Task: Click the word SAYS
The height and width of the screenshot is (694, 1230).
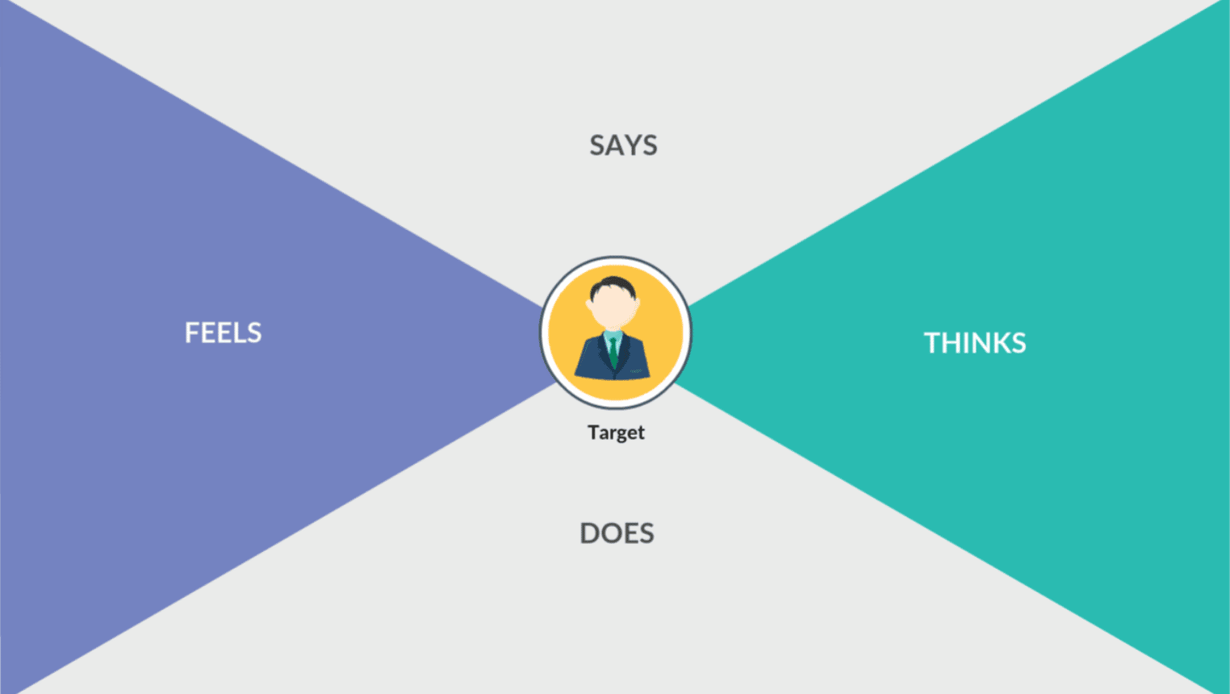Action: [x=623, y=145]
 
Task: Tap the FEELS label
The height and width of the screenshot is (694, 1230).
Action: [x=223, y=332]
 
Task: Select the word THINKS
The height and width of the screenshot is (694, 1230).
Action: [x=975, y=343]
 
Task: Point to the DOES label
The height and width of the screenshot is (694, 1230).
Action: [x=617, y=533]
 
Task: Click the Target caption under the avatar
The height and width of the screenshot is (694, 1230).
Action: [x=616, y=433]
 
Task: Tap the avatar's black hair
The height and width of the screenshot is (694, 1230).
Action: [x=613, y=286]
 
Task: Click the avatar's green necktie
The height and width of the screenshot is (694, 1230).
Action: [x=613, y=352]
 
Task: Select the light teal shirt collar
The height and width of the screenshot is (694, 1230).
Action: [x=613, y=336]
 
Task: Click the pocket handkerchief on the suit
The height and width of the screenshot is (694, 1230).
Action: [x=636, y=371]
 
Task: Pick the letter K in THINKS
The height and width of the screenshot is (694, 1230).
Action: [x=995, y=343]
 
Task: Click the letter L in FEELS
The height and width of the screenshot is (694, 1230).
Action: [x=239, y=332]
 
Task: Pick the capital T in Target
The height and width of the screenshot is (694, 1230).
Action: [x=593, y=432]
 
